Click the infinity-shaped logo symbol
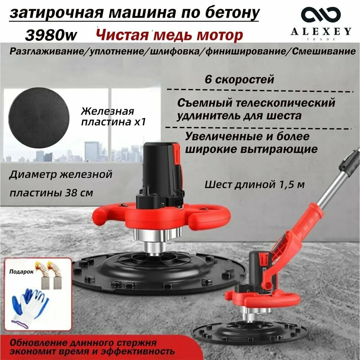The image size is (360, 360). (x=321, y=15)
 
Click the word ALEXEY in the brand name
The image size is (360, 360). (x=321, y=32)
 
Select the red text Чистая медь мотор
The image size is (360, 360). (x=168, y=35)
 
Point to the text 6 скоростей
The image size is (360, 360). (x=239, y=79)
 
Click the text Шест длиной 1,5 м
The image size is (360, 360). (x=255, y=185)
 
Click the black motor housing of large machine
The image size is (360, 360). (x=158, y=169)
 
